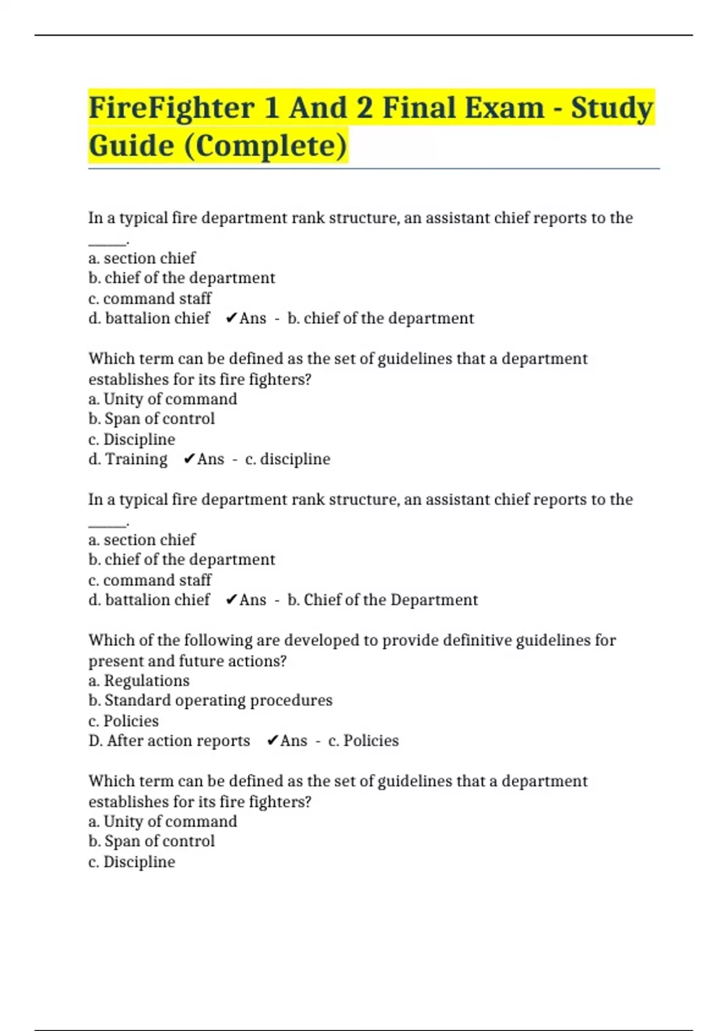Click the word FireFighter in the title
[x=172, y=109]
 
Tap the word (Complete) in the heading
[x=265, y=146]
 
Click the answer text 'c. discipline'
[x=288, y=459]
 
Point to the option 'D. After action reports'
[x=169, y=741]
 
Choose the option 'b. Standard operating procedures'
[x=211, y=700]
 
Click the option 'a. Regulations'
[x=139, y=680]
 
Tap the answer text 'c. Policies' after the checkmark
[x=363, y=741]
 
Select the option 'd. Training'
[x=128, y=459]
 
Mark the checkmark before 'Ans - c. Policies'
[x=272, y=741]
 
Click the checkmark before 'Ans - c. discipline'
[x=189, y=459]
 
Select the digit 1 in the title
[x=271, y=109]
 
